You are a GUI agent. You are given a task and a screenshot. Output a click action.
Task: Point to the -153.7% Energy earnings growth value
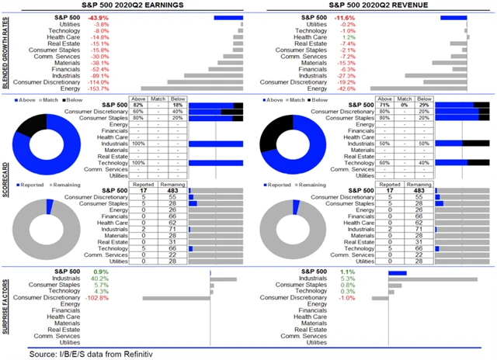click(120, 88)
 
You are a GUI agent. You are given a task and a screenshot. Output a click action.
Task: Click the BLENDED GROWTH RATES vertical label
click(7, 54)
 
